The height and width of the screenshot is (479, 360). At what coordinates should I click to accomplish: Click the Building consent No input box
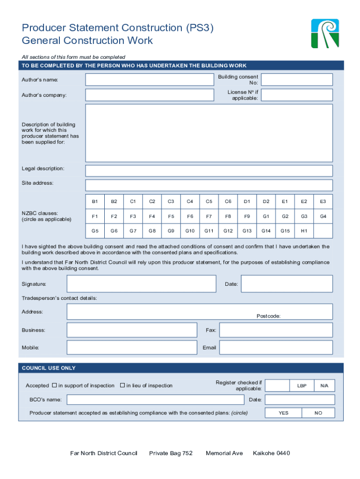coord(297,80)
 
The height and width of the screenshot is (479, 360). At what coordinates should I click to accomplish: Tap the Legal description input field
coord(209,170)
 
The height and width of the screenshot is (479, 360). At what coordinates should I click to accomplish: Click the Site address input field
coord(209,185)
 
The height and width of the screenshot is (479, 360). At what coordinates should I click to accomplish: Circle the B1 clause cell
coord(95,202)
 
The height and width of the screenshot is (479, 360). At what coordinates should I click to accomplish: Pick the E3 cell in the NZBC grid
coord(323,202)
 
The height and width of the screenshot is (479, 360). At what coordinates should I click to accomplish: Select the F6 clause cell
coord(190,217)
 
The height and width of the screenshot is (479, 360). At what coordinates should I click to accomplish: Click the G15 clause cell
coord(285,231)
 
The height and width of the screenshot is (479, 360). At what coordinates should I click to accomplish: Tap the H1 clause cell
coord(304,231)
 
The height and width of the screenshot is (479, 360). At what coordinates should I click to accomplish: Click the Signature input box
coord(141,284)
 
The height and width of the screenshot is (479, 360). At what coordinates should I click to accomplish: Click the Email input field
coord(276,348)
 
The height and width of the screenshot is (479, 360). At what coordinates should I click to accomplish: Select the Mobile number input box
coord(132,348)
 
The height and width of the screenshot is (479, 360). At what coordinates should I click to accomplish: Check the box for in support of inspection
coord(54,385)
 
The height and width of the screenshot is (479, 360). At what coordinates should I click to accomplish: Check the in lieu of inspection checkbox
coord(122,385)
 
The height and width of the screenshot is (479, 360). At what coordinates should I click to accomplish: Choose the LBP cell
coord(302,385)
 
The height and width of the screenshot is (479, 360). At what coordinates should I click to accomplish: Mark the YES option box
coord(284,413)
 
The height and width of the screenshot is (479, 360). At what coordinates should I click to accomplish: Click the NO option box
coord(318,413)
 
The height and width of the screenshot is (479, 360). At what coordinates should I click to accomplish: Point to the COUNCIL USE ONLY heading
coord(49,368)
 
